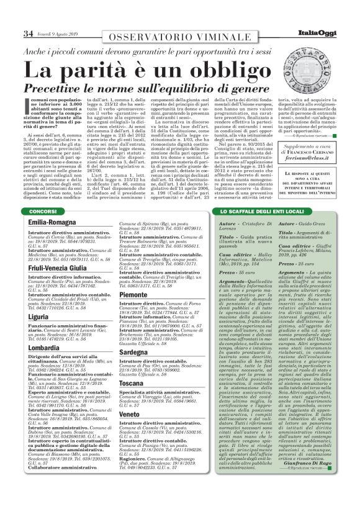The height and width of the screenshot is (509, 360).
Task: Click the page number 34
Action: pos(28,33)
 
